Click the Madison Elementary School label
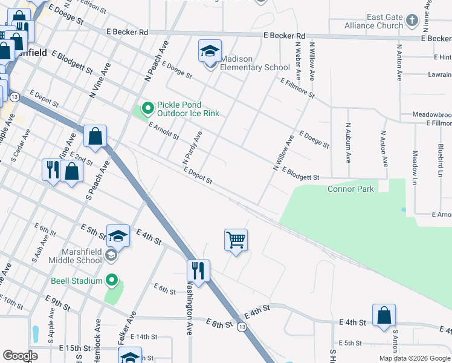click(255, 63)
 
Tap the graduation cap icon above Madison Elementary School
click(210, 51)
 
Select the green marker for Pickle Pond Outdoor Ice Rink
click(147, 109)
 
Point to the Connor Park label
click(350, 189)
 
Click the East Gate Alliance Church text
click(373, 21)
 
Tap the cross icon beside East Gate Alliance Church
click(412, 21)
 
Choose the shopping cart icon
click(236, 240)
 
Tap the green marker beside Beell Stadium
click(111, 280)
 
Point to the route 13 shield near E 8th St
click(242, 327)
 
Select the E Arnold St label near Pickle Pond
click(164, 131)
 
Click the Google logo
click(20, 356)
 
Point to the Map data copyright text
click(414, 358)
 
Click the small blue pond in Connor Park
click(403, 210)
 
